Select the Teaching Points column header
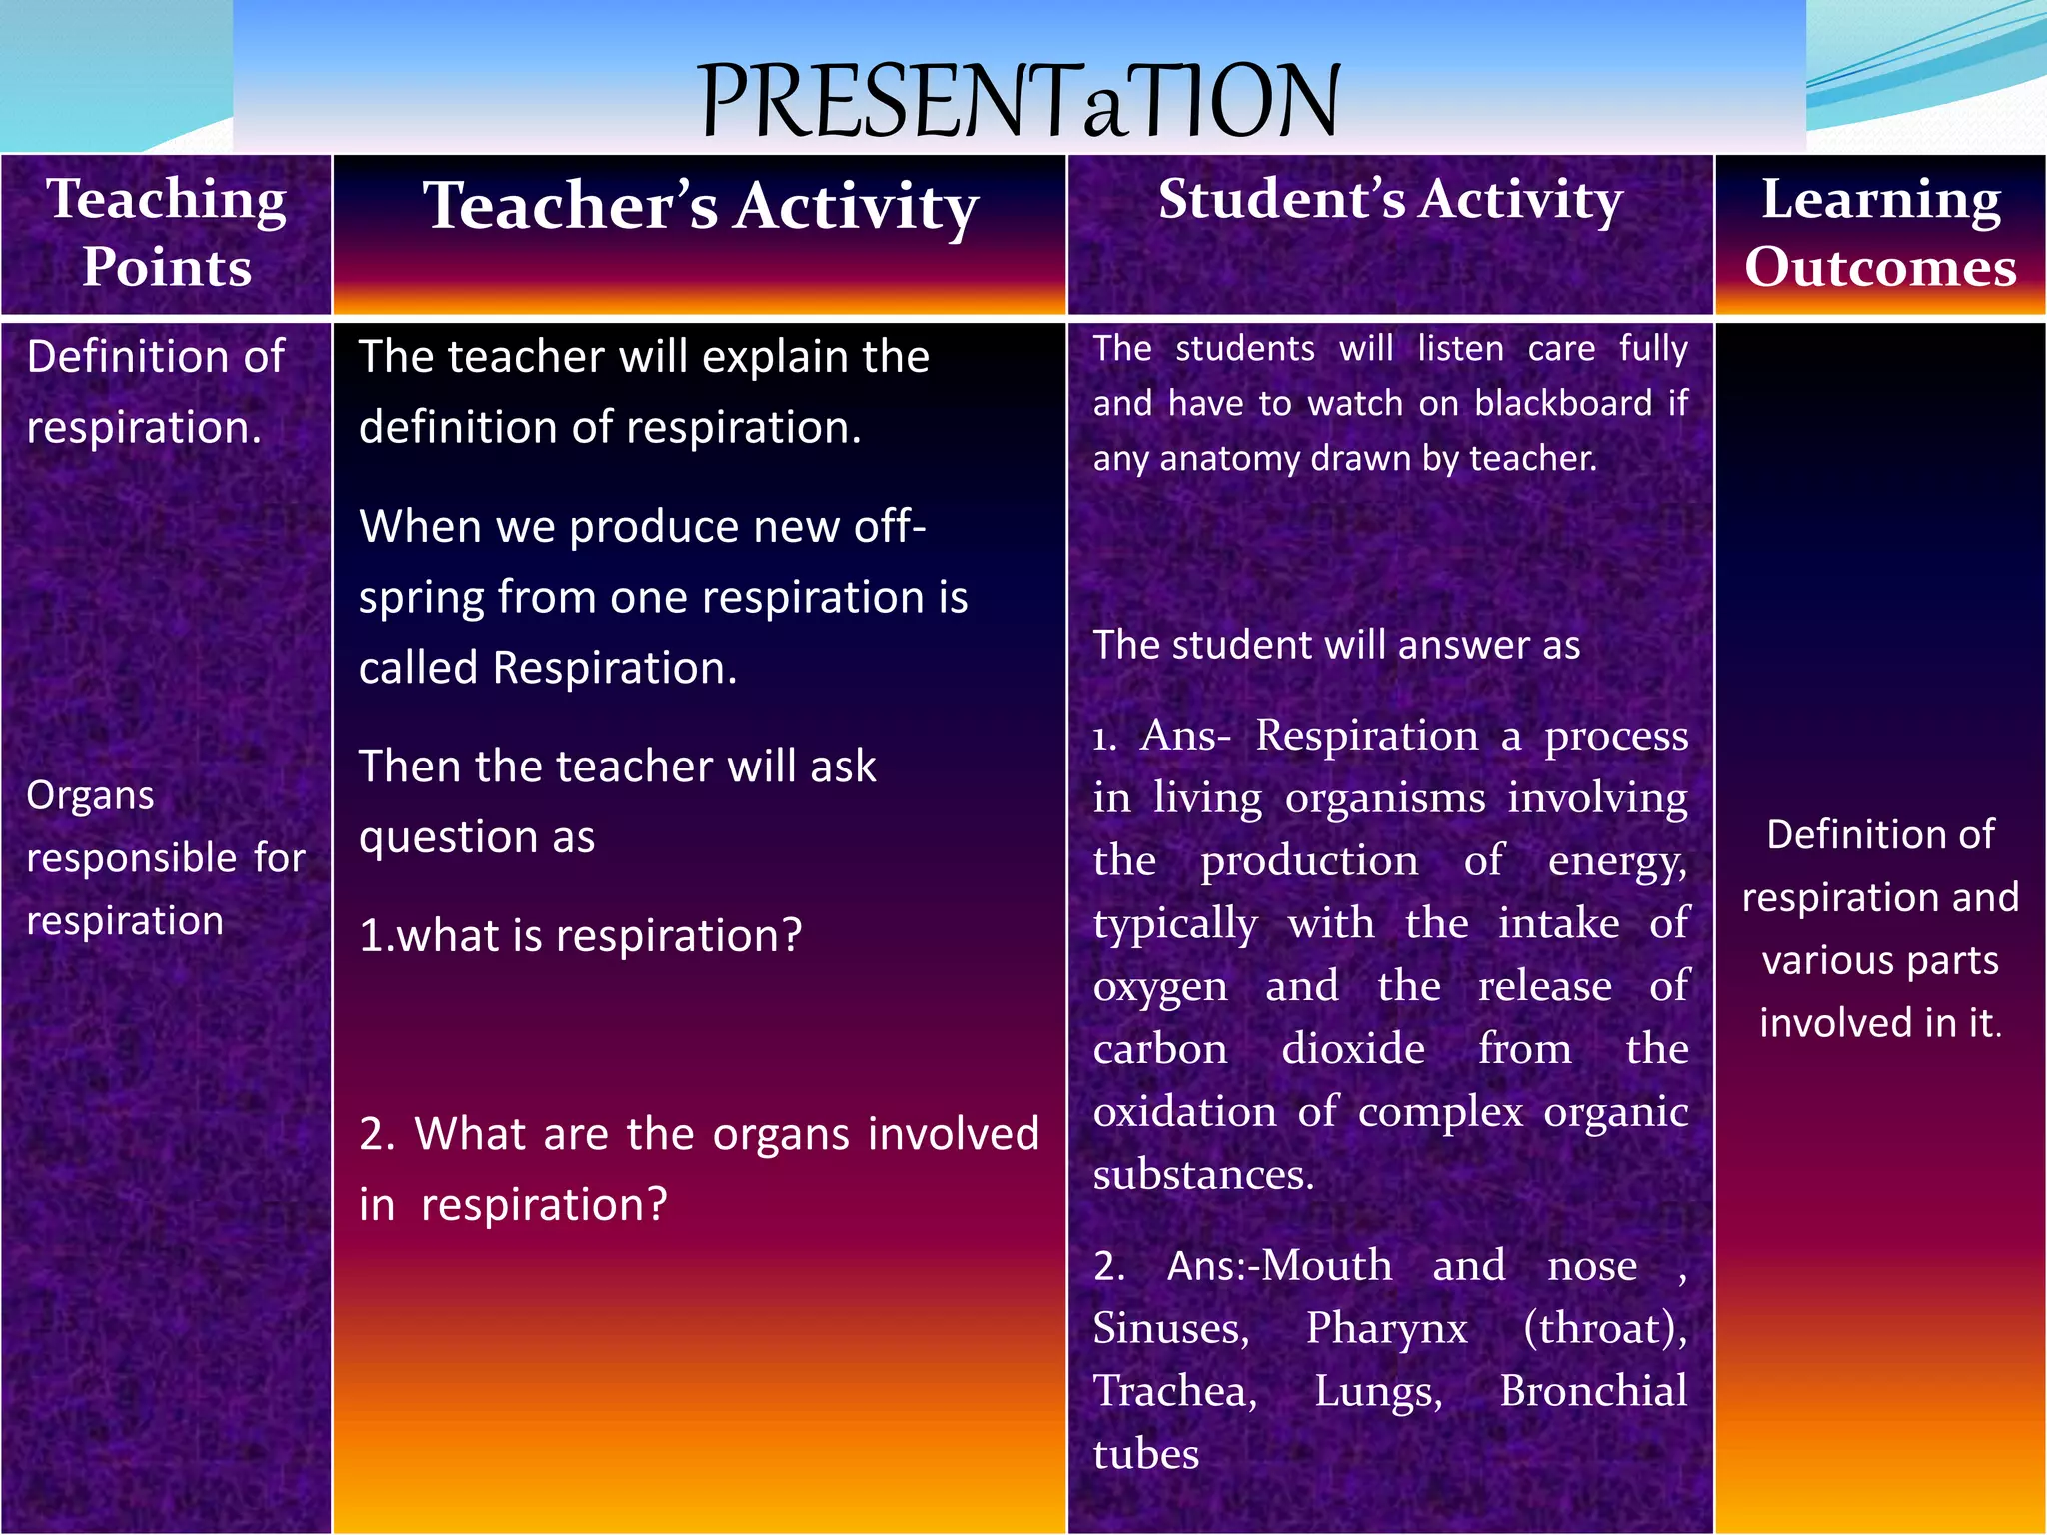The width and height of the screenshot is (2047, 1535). (x=167, y=233)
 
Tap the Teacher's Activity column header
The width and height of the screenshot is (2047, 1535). (x=700, y=206)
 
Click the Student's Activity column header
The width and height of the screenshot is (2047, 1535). (x=1390, y=199)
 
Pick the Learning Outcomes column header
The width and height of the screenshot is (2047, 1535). (x=1880, y=233)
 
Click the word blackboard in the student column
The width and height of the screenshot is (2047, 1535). (x=1563, y=403)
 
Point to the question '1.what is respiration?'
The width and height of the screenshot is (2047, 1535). (x=580, y=936)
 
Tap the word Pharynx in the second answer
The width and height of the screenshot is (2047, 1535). (x=1386, y=1328)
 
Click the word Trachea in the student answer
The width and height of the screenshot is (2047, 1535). (x=1174, y=1391)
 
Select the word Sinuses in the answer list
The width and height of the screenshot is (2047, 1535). (x=1170, y=1328)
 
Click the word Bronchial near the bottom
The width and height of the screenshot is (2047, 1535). (x=1593, y=1391)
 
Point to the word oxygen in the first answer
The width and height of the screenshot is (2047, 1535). (x=1159, y=987)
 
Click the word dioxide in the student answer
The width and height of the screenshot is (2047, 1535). (x=1353, y=1049)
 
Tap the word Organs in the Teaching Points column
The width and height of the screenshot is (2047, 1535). (x=90, y=796)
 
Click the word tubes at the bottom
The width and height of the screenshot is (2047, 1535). (x=1145, y=1454)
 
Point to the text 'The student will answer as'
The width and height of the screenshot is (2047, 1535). (x=1336, y=645)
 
